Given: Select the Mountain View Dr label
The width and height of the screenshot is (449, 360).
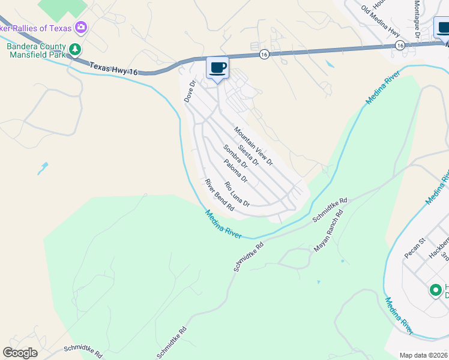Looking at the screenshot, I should [253, 146].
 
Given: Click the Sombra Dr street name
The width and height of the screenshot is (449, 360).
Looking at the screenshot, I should [235, 163].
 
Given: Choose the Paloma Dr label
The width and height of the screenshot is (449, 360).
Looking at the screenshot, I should [235, 171].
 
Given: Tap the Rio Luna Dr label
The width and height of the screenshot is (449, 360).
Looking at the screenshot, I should [237, 194].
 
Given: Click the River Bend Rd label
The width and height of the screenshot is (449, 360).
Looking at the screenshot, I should [218, 195].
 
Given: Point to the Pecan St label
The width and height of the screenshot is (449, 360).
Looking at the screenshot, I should [414, 248].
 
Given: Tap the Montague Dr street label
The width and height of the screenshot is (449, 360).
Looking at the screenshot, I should [416, 17].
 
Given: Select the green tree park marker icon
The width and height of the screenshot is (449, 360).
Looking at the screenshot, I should [75, 49].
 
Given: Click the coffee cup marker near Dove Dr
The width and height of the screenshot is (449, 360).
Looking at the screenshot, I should [217, 67].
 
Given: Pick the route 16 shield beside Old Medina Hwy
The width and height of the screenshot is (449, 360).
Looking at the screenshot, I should [400, 45].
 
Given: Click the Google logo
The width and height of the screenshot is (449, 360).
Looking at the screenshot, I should [20, 353].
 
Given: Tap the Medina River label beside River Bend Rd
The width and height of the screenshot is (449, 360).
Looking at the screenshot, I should [223, 224].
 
